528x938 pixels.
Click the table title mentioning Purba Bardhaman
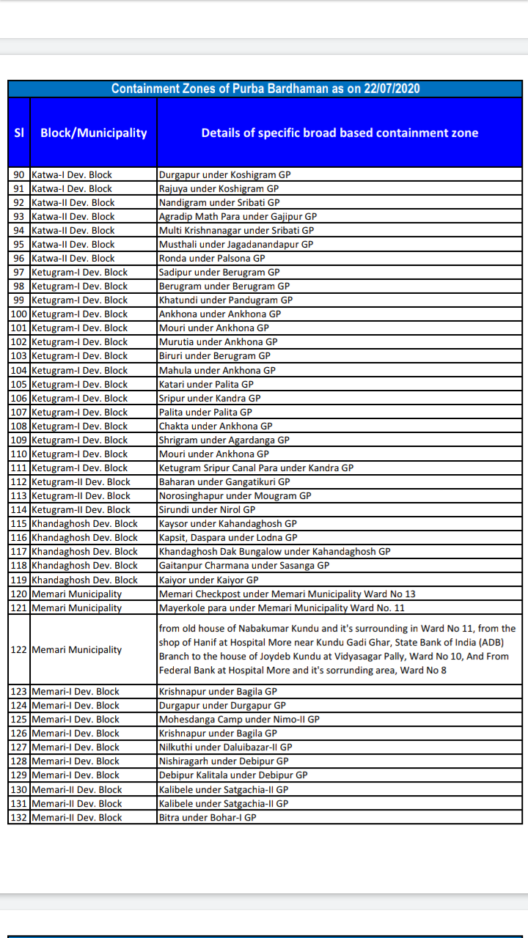tap(265, 89)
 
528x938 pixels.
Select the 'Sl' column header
tap(19, 133)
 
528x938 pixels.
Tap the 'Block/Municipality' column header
tap(93, 133)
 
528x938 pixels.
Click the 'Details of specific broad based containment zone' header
tap(340, 133)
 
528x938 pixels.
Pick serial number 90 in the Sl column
tap(19, 174)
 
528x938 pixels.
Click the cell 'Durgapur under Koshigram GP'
tap(219, 174)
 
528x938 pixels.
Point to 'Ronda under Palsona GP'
tap(212, 258)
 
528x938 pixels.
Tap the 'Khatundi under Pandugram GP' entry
tap(226, 300)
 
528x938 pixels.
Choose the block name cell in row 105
tap(80, 384)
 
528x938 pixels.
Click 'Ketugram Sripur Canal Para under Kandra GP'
tap(256, 468)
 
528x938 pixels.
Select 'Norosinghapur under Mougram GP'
tap(235, 495)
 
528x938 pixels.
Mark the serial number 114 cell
tap(19, 509)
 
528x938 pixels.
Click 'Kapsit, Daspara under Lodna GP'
tap(228, 537)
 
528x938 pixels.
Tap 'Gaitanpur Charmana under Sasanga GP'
tap(244, 565)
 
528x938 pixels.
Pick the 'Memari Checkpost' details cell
tap(287, 594)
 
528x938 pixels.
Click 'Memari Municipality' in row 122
tap(77, 649)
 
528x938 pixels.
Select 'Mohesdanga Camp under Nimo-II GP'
tap(239, 719)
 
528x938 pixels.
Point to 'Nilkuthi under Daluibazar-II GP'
tap(225, 747)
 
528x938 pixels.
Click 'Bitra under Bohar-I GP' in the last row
tap(208, 817)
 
